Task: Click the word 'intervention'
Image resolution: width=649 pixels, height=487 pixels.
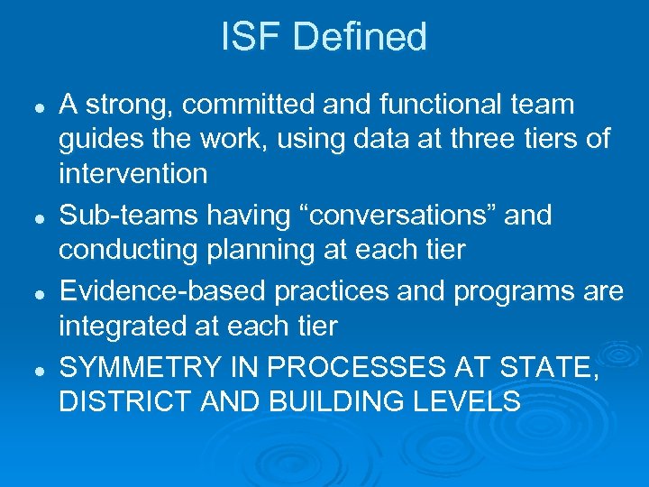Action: click(x=133, y=173)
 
